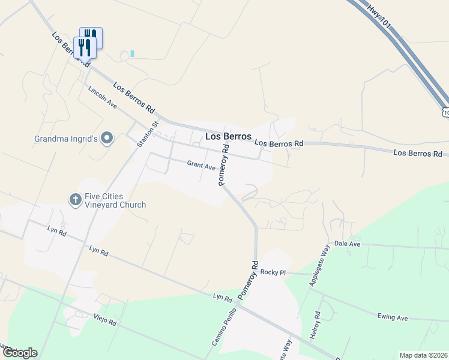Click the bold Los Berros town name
tap(228, 136)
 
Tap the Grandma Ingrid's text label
tap(66, 139)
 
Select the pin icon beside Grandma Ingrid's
tap(107, 139)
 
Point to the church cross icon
tap(75, 199)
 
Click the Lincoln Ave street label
tap(103, 97)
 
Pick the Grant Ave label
tap(201, 165)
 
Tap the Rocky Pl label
tap(273, 272)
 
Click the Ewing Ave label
tap(393, 317)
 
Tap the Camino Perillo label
tap(220, 329)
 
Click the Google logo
tap(20, 353)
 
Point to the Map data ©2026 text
tap(424, 355)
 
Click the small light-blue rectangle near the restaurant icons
tap(132, 53)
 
